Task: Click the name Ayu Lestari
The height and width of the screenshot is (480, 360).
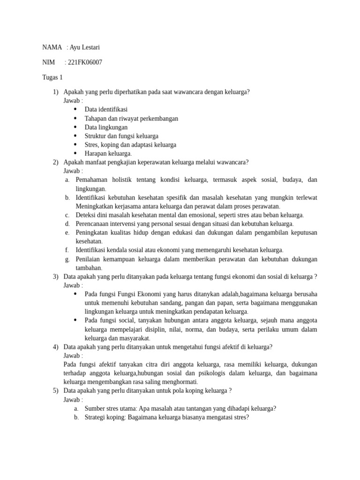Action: (x=85, y=47)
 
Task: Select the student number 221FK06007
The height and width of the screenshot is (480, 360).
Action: (x=86, y=62)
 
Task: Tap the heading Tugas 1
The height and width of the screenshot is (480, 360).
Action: (x=52, y=77)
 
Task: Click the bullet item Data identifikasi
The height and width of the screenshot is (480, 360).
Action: (x=106, y=109)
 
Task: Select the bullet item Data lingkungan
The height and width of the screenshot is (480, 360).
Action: (x=106, y=127)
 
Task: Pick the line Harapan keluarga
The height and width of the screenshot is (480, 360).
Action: (x=108, y=153)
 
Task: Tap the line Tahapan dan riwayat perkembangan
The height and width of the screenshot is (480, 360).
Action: (x=131, y=118)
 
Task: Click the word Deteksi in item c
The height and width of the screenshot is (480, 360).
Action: (x=86, y=215)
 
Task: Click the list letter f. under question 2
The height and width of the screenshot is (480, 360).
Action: (x=67, y=250)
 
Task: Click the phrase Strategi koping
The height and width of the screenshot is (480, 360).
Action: (x=105, y=417)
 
